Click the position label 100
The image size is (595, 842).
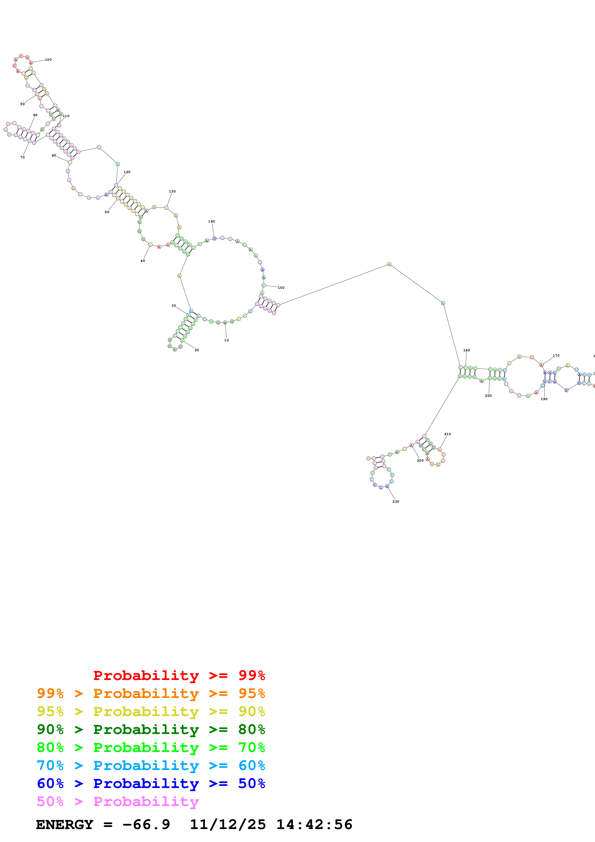tap(48, 60)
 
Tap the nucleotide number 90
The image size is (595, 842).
tap(22, 104)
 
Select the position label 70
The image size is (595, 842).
tap(22, 157)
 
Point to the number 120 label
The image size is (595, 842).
tap(127, 172)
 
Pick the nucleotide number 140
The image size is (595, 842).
tap(211, 222)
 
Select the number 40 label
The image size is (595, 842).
tap(143, 261)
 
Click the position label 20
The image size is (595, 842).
tap(197, 350)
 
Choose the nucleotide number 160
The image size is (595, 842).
tap(466, 350)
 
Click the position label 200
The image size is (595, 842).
tap(488, 396)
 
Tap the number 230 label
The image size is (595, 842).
tap(396, 501)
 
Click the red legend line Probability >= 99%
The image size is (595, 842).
tap(179, 675)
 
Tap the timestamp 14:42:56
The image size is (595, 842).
tap(314, 824)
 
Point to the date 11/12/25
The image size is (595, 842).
tap(228, 824)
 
